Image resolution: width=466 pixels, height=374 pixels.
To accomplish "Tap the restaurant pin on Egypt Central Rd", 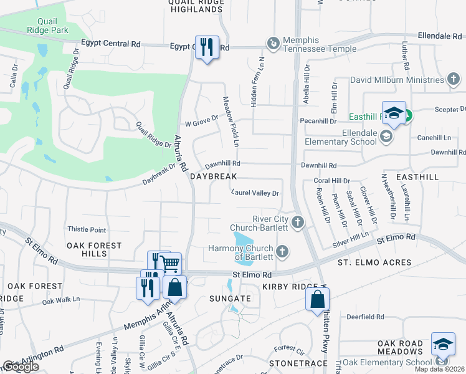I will [207, 47].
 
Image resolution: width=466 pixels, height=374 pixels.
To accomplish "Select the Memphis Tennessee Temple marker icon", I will [272, 43].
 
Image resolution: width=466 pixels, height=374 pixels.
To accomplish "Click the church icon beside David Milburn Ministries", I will [454, 80].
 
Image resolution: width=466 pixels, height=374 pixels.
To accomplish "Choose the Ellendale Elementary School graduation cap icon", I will [386, 137].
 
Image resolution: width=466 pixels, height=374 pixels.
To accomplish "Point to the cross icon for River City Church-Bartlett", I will [298, 223].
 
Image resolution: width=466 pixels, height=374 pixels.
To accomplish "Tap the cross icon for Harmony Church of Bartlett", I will [282, 252].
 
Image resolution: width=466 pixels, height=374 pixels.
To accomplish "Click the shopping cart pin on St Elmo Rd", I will [170, 263].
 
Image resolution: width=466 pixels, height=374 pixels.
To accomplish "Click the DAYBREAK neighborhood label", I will [214, 177].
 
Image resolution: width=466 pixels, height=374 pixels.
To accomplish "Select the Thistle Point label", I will [87, 230].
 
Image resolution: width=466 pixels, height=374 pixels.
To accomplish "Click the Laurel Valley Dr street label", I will [255, 193].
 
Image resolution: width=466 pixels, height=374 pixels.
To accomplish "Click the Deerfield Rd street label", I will [366, 317].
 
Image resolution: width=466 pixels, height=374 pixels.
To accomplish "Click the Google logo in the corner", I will [20, 367].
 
